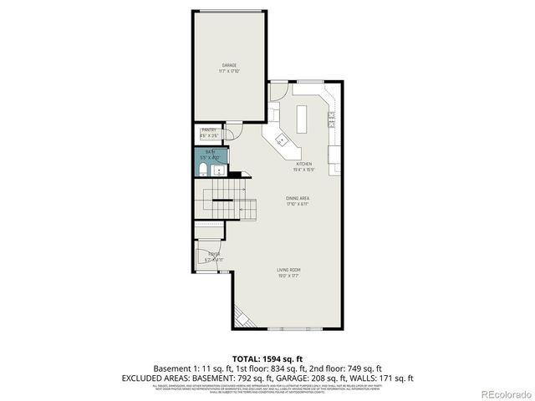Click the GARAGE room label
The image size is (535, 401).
click(229, 64)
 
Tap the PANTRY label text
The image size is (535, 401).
click(208, 129)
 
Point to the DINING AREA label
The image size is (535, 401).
click(297, 199)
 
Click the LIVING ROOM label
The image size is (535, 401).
click(289, 270)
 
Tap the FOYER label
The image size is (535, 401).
click(214, 254)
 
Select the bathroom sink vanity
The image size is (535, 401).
click(219, 170)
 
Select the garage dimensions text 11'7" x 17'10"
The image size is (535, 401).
click(229, 71)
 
